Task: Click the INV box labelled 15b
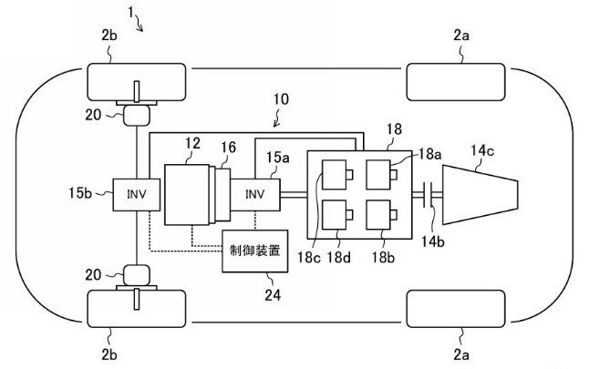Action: (x=137, y=194)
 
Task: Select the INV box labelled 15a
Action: (x=255, y=194)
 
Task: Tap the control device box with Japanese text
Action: (x=255, y=251)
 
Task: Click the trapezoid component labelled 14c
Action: (x=480, y=194)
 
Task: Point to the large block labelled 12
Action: (x=187, y=194)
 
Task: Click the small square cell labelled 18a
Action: (x=378, y=175)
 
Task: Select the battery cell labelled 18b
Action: (x=378, y=214)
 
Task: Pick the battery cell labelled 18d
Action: (x=335, y=214)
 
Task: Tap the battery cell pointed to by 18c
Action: (x=335, y=175)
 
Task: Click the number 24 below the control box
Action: (x=273, y=295)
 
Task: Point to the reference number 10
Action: (x=281, y=99)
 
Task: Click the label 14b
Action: (x=433, y=241)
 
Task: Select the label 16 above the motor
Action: (x=228, y=148)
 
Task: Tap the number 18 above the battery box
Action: (x=394, y=129)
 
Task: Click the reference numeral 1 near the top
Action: (x=130, y=13)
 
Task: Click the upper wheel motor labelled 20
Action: (x=137, y=115)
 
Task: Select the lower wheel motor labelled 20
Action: (x=137, y=275)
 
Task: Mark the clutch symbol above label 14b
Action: (x=428, y=194)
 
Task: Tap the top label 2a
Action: (x=461, y=36)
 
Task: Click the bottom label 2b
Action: (x=108, y=354)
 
